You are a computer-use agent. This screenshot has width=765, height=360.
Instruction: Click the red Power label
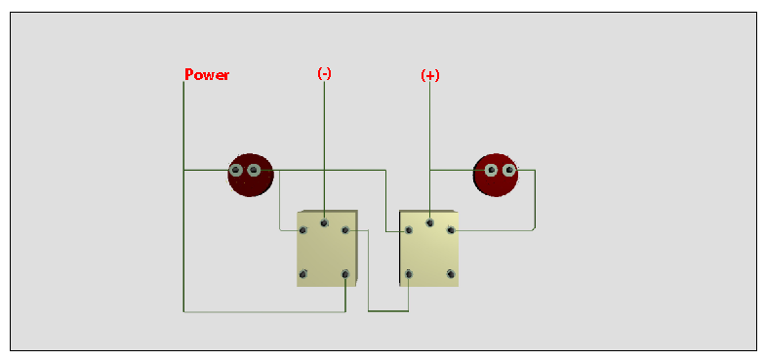pyautogui.click(x=207, y=75)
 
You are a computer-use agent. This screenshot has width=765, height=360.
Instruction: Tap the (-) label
pyautogui.click(x=324, y=74)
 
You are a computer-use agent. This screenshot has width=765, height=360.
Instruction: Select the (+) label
pyautogui.click(x=429, y=75)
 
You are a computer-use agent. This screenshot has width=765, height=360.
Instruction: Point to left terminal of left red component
pyautogui.click(x=236, y=171)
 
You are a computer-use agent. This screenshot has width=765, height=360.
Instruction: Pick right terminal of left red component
pyautogui.click(x=254, y=171)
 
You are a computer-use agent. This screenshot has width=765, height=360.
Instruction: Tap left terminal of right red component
pyautogui.click(x=491, y=171)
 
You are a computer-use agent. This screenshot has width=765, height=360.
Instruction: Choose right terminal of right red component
pyautogui.click(x=508, y=171)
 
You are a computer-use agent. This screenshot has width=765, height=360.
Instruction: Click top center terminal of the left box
pyautogui.click(x=324, y=222)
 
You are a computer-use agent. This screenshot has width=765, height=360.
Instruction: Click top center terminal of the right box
pyautogui.click(x=429, y=222)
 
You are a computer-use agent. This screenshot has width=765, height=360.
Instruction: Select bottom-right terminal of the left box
pyautogui.click(x=345, y=274)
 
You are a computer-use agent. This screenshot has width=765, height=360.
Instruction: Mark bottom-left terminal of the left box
pyautogui.click(x=303, y=274)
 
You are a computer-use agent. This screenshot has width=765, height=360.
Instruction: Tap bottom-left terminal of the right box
pyautogui.click(x=409, y=274)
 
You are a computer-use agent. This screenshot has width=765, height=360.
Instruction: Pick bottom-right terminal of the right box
pyautogui.click(x=451, y=274)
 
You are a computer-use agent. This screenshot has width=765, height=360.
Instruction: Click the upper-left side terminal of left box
pyautogui.click(x=303, y=230)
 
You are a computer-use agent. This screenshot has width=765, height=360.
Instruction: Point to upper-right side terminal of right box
pyautogui.click(x=451, y=230)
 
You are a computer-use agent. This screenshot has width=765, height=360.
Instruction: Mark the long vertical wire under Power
pyautogui.click(x=183, y=244)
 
